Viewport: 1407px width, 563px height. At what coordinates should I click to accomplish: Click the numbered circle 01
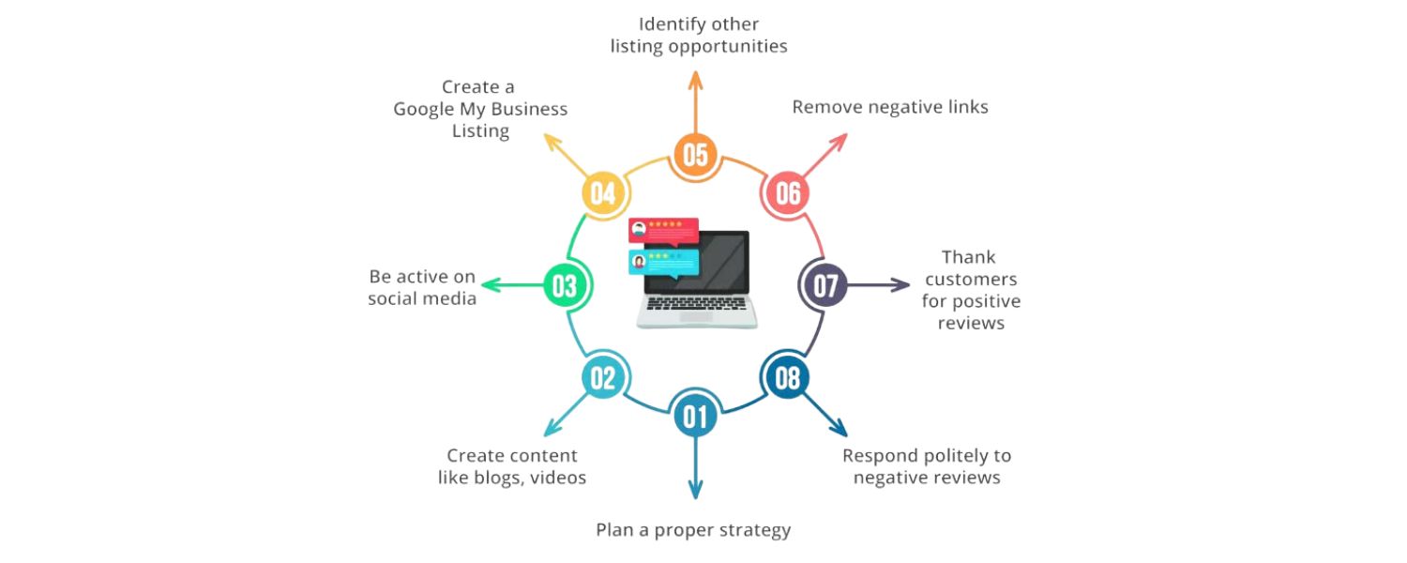point(695,416)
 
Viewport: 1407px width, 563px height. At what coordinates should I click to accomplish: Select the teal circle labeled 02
point(602,378)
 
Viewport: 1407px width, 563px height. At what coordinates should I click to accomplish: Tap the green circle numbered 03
point(565,285)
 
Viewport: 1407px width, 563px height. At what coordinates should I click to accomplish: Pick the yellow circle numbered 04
point(602,193)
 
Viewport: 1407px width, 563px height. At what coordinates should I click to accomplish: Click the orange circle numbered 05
point(695,155)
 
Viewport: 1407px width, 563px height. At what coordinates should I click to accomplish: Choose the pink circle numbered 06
point(788,193)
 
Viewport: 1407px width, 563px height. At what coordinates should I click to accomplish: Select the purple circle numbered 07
point(825,285)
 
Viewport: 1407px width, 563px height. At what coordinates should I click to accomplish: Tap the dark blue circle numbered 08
point(787,378)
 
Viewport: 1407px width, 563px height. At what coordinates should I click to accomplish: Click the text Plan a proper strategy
point(693,530)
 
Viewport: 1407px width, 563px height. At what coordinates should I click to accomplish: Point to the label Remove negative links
point(889,107)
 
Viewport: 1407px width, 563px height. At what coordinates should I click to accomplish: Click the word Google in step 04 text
point(423,110)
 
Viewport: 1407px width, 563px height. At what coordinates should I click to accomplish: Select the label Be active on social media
point(422,288)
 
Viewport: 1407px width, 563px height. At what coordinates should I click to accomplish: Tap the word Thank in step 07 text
point(969,257)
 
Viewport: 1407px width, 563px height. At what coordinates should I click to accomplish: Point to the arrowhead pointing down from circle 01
point(695,490)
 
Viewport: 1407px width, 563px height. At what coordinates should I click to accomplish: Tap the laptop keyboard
point(696,305)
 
